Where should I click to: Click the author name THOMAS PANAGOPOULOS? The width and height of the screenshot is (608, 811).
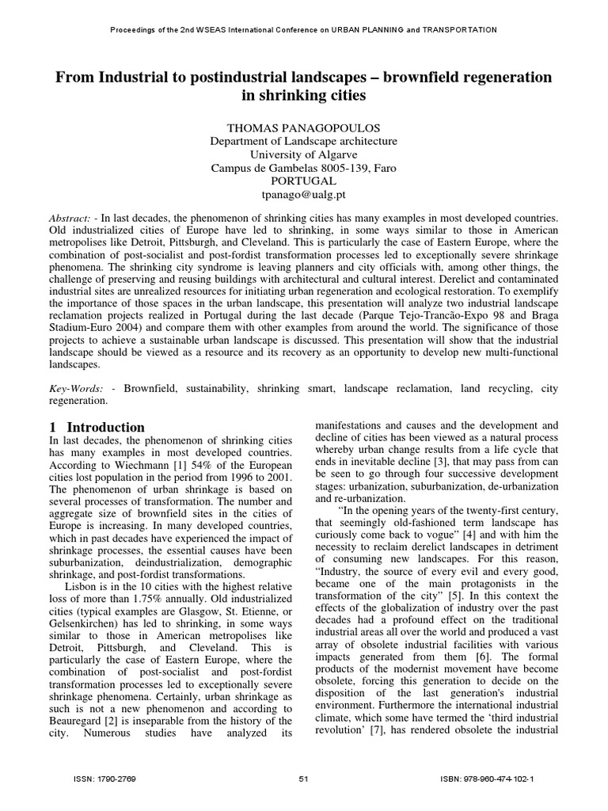click(303, 128)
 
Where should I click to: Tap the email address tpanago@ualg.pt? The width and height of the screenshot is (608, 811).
click(303, 194)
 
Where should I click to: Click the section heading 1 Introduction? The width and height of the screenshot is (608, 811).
click(98, 427)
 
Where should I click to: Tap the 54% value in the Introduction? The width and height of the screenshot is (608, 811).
click(181, 466)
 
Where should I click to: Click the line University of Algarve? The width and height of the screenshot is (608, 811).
click(303, 154)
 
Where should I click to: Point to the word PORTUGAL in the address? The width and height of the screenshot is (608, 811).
click(303, 181)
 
